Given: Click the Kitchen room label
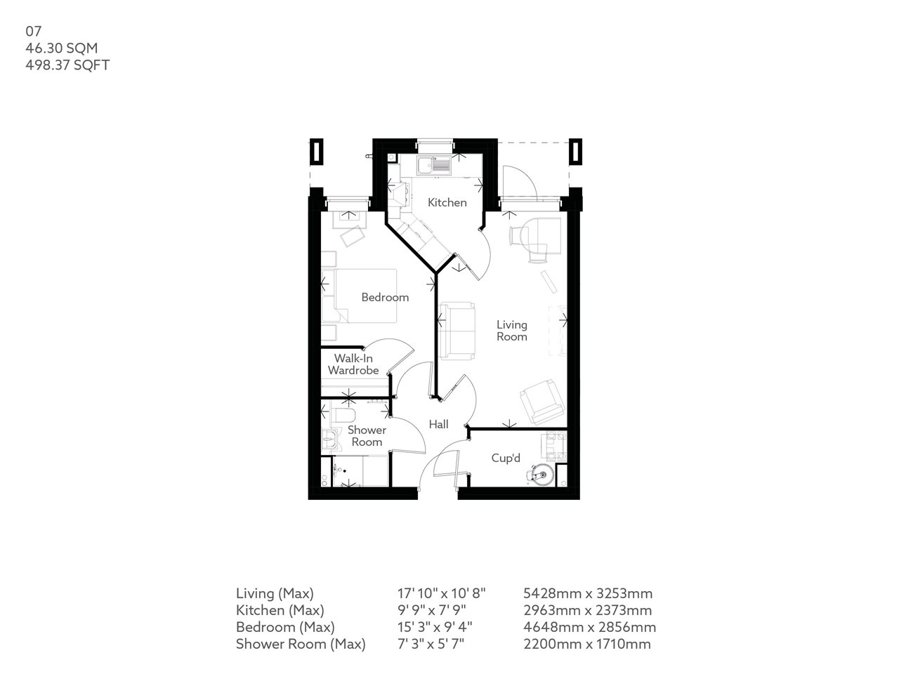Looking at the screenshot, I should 447,202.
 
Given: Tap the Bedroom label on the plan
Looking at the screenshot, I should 385,297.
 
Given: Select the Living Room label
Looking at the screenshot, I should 511,331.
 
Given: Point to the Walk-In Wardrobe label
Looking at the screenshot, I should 353,364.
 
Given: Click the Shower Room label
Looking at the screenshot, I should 367,436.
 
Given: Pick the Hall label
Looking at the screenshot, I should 439,424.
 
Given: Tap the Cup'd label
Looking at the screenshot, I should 506,458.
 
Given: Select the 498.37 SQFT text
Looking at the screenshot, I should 67,65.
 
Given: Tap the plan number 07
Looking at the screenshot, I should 34,31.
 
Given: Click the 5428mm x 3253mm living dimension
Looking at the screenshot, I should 589,593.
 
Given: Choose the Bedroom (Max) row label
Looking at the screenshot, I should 285,627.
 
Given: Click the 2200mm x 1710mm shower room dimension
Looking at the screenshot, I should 588,644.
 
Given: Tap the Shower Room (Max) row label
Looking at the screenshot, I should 301,644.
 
